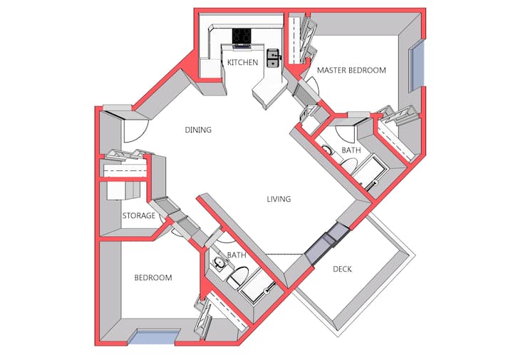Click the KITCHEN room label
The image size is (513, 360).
point(242,62)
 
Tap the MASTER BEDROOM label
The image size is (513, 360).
point(351,70)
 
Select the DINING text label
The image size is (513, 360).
point(198,130)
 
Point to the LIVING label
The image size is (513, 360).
point(279,199)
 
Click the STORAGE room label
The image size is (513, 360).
point(139,215)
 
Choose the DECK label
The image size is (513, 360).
point(342,269)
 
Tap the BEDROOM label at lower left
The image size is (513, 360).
point(153,277)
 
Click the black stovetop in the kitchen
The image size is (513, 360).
point(242,36)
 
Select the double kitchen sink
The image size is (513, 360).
point(273,58)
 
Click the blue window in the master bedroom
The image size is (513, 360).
point(418,66)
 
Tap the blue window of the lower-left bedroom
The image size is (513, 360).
point(154,337)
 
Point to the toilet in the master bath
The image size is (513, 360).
point(349,165)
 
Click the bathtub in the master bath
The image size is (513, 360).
point(370,172)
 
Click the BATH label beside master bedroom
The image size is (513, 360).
point(351,150)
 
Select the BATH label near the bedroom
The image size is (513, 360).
point(237,255)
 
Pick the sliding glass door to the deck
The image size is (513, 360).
point(327,242)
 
